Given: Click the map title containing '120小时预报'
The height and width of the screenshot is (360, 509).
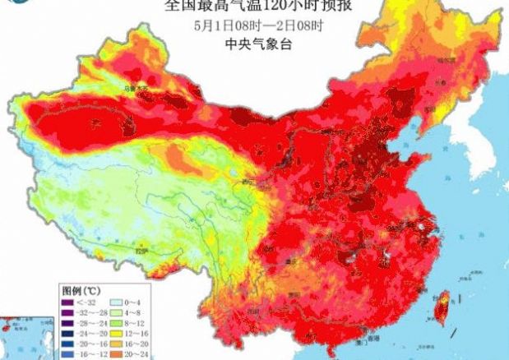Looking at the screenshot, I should pos(252,7).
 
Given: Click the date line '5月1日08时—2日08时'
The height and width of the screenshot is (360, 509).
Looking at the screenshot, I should pos(252,25).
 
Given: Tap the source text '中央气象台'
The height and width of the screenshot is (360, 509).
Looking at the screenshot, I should pos(252,45).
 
